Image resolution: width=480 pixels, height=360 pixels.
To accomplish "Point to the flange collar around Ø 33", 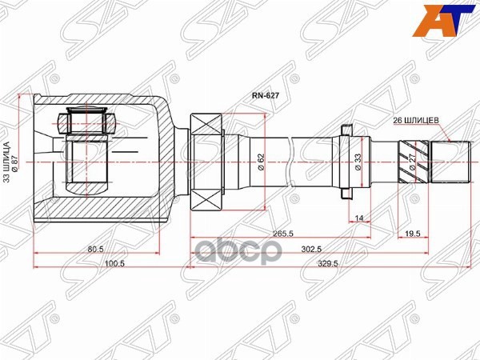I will click(x=346, y=162).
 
